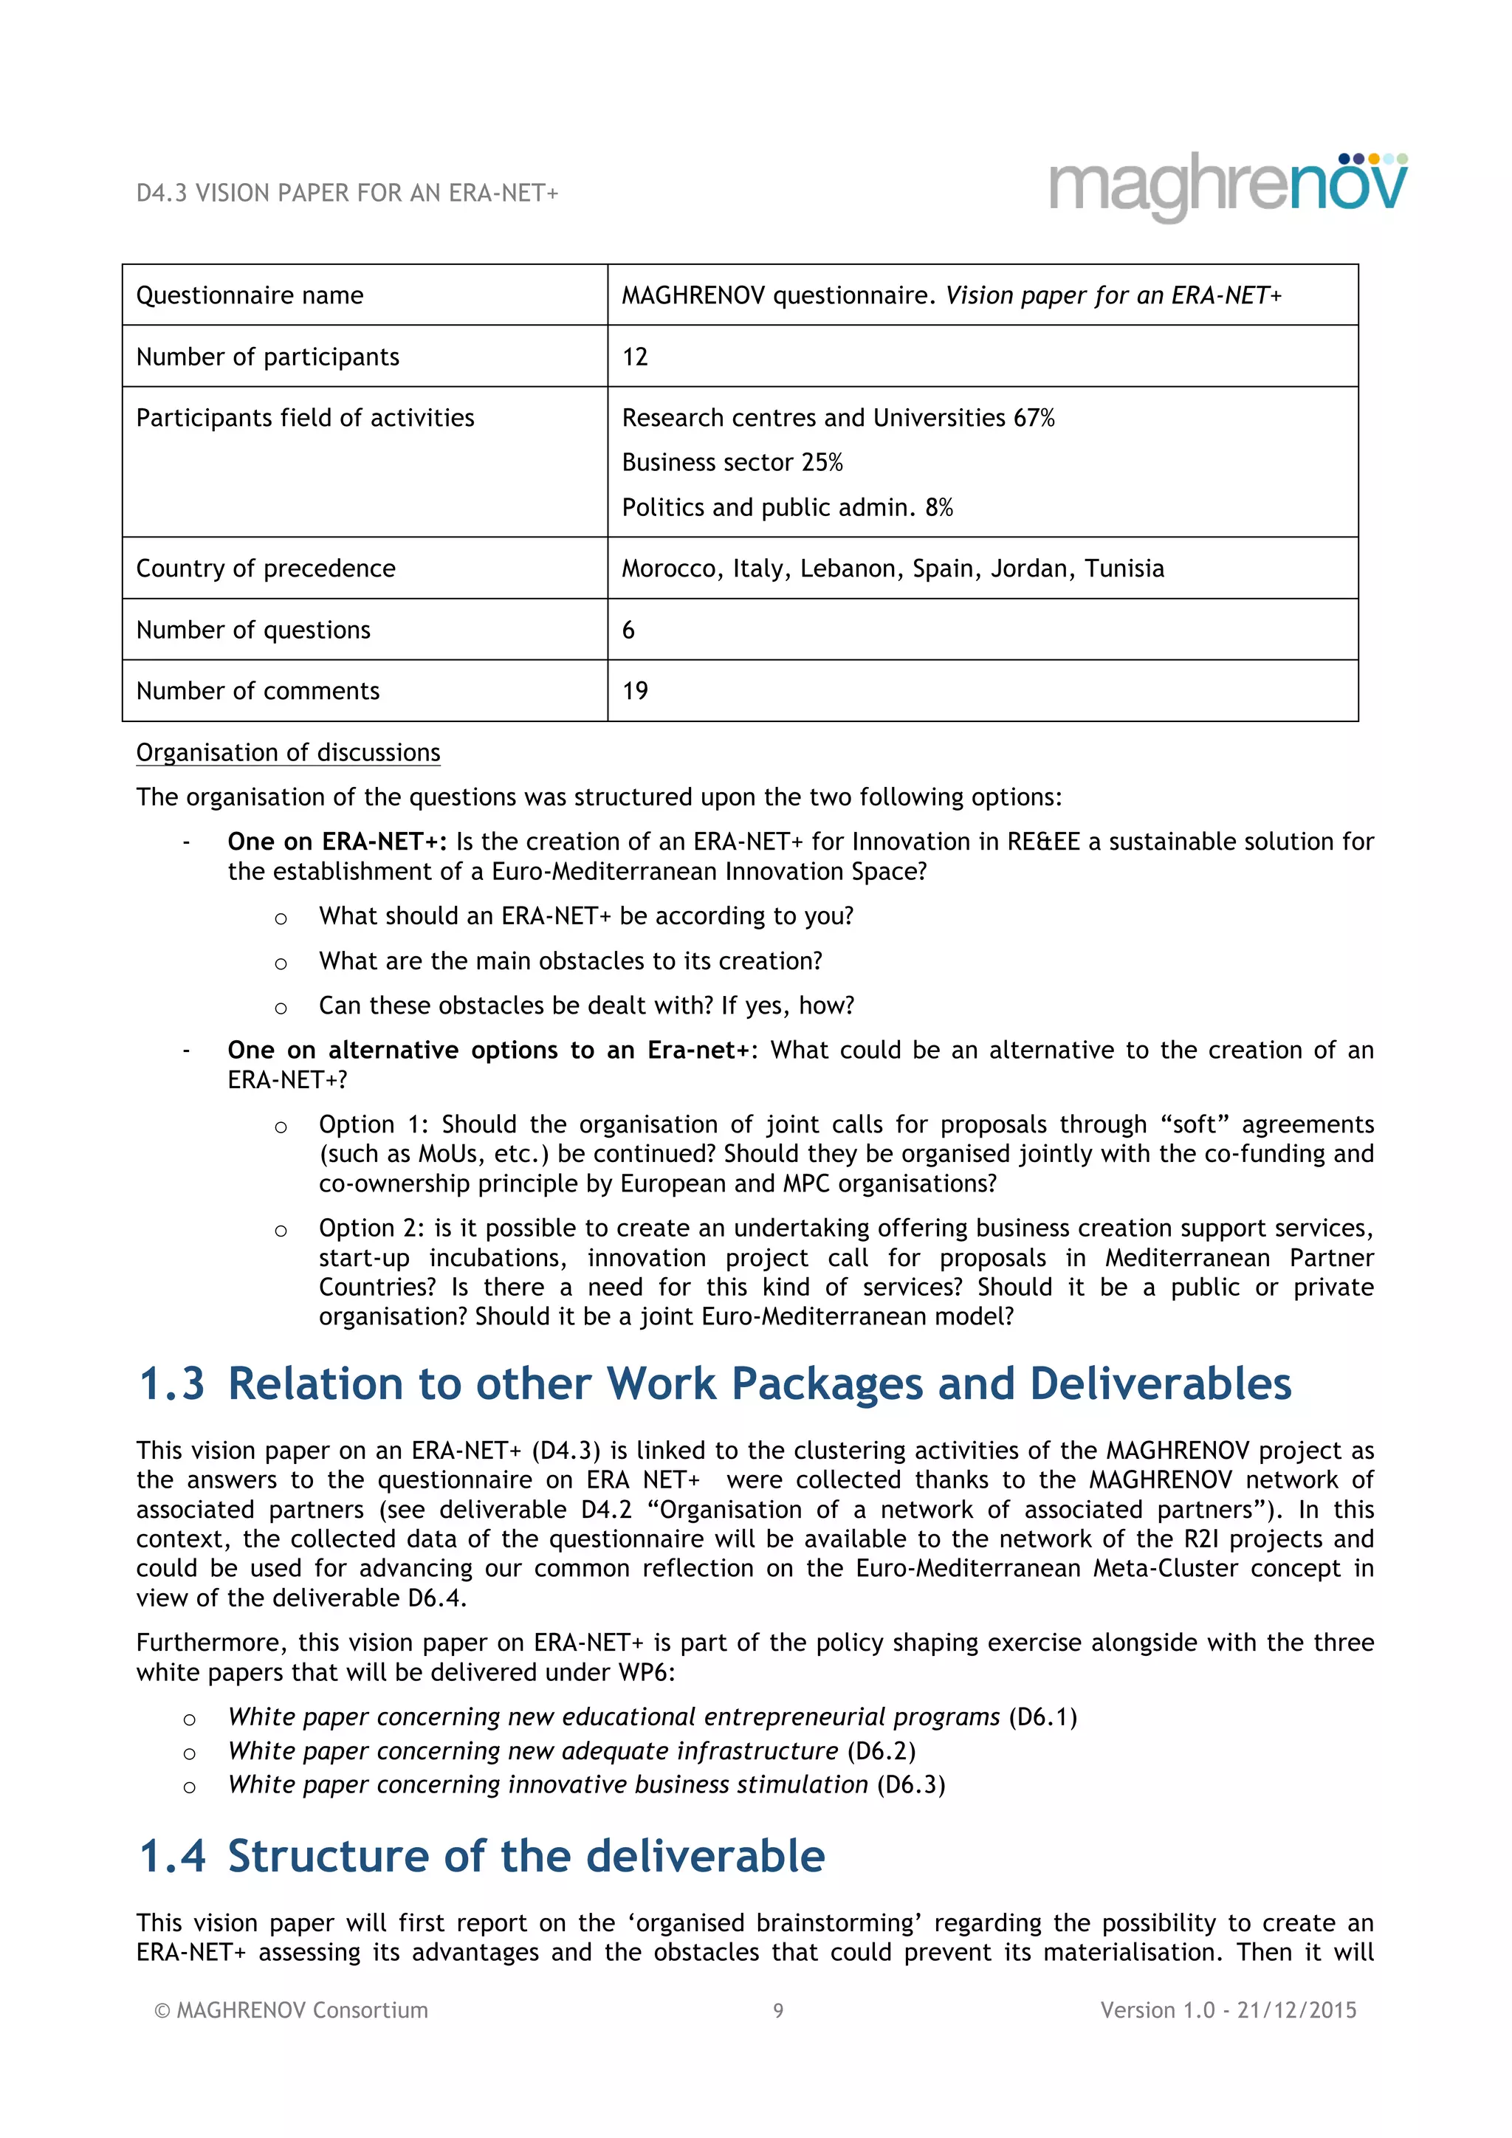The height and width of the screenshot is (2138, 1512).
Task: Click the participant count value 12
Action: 634,357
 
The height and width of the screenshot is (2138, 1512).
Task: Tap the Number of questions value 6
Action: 628,630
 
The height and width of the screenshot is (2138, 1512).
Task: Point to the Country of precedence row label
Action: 265,568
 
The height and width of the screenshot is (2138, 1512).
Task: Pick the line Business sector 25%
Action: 732,462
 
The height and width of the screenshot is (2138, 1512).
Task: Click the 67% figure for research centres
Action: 1034,418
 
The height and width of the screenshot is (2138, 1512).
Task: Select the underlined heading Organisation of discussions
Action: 288,752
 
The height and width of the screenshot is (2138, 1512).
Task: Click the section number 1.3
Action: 171,1383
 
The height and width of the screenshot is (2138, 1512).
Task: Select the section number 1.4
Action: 171,1856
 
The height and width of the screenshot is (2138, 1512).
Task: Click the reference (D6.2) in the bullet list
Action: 881,1750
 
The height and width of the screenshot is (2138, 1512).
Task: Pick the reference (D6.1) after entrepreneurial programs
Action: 1042,1716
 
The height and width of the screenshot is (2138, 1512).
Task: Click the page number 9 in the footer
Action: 778,2010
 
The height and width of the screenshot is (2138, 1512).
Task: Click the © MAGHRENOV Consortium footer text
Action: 290,2010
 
